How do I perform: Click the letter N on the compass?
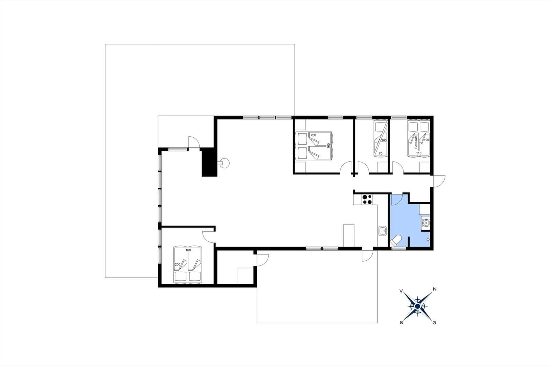coord(434,289)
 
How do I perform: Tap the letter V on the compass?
coord(401,291)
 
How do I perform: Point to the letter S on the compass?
coord(401,323)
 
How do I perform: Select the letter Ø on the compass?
coord(434,323)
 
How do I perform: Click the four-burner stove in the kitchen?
coord(367,199)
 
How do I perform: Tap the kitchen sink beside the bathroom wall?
coord(382,231)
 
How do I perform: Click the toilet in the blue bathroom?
coord(396,241)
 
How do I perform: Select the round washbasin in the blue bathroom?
coord(426,223)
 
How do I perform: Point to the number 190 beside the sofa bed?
coord(427,140)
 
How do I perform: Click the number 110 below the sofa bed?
coord(419,153)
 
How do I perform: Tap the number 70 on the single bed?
coord(381,153)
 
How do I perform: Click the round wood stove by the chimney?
coord(224,163)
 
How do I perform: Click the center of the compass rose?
coord(417,306)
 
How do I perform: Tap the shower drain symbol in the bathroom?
coord(428,239)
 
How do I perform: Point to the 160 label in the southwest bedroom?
coord(188,250)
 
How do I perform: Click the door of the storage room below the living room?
coord(263,260)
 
